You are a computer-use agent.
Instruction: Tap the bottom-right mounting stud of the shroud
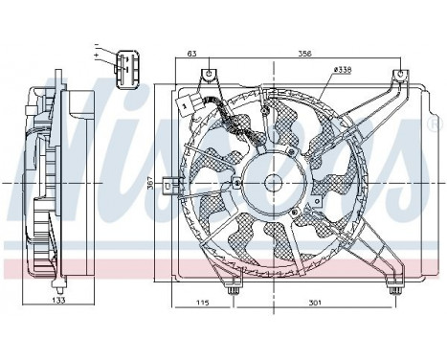pos(391,288)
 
